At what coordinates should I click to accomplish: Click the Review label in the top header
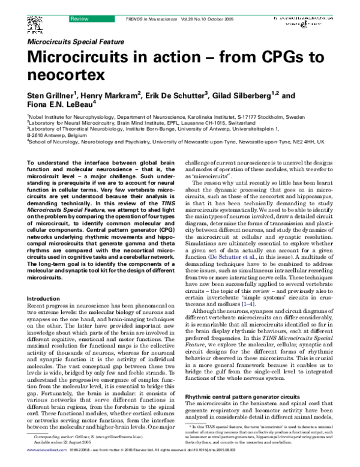[79, 4]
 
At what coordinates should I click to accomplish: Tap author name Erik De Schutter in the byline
[177, 96]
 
